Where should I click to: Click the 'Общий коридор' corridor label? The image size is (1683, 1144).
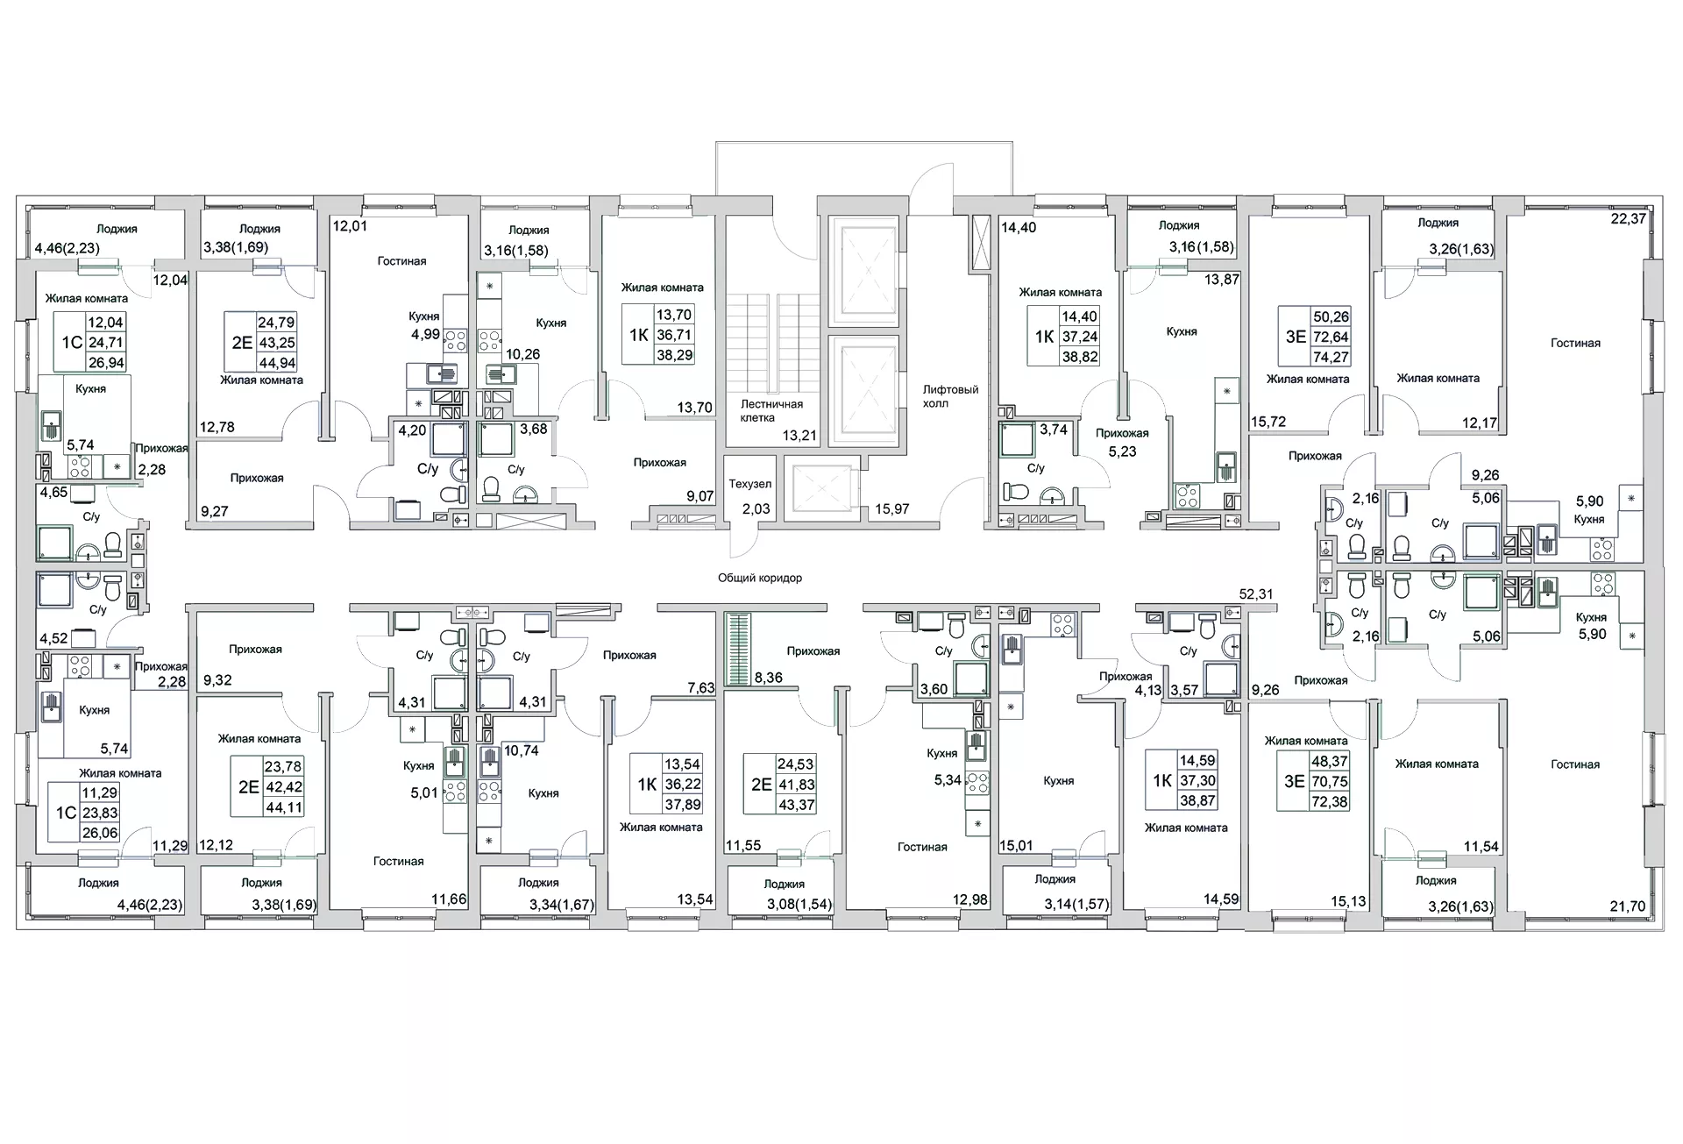click(760, 579)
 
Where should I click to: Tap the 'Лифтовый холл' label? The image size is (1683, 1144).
click(950, 396)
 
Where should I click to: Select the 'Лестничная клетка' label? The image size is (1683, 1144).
click(771, 411)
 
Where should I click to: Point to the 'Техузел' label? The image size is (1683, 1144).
click(750, 484)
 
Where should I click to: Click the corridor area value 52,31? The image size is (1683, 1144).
click(1255, 593)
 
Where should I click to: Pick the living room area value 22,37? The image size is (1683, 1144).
click(1629, 219)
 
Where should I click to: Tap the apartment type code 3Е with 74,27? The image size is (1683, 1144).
click(1296, 336)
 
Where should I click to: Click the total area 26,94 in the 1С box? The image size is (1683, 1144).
click(105, 362)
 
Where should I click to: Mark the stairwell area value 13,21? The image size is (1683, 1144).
click(799, 435)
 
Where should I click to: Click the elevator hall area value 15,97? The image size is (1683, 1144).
click(892, 508)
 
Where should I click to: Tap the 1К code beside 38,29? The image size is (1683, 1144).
click(638, 336)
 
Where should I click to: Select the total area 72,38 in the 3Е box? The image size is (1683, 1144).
click(1330, 801)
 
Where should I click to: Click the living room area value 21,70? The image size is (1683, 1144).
click(1628, 906)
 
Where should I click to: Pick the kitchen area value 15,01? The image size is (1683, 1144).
click(1016, 845)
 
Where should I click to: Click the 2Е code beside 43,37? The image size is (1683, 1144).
click(761, 785)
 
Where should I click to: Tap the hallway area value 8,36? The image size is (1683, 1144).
click(768, 677)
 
